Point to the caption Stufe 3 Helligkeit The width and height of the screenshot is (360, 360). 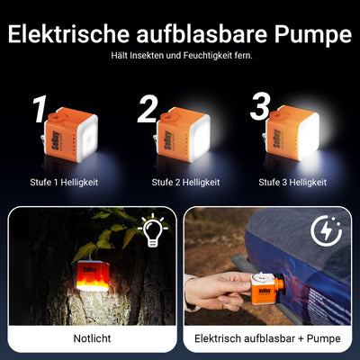tap(292, 183)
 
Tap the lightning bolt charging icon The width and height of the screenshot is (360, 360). tap(328, 231)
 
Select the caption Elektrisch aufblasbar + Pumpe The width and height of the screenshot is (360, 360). tap(269, 339)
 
